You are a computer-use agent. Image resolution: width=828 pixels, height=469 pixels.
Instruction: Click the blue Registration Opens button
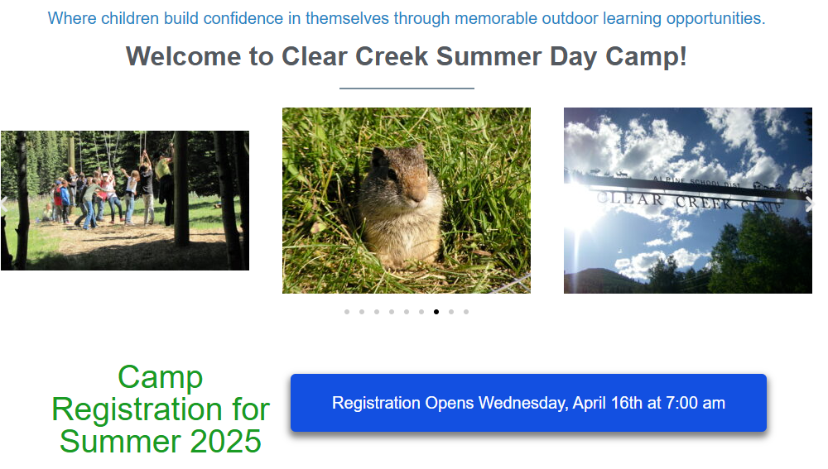coord(528,403)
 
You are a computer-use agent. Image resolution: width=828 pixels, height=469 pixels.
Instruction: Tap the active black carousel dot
coord(436,312)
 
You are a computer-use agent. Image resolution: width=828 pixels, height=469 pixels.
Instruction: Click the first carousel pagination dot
coord(347,312)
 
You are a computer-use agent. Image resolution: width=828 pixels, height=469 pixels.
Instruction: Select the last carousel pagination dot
coord(466,312)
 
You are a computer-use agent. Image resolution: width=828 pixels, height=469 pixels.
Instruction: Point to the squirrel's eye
coord(392,174)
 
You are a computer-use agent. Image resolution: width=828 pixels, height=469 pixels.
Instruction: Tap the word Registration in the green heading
coord(137,409)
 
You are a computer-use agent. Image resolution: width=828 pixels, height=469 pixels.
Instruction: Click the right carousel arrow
coord(809,204)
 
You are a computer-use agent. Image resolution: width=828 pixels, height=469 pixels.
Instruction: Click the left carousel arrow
coord(4,204)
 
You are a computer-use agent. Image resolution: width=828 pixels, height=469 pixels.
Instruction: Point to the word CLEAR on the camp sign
coord(630,199)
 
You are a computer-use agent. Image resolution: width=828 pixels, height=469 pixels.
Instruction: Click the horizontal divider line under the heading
coord(407,89)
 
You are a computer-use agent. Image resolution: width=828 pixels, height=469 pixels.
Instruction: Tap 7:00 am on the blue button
coord(695,403)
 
